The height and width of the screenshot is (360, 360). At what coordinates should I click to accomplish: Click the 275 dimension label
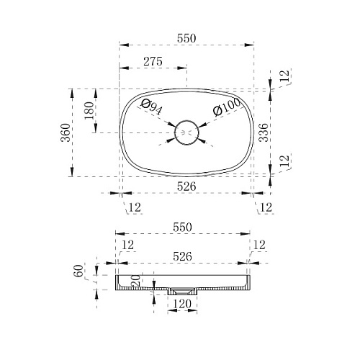click(153, 61)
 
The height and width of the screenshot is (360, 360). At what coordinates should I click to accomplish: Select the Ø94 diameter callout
click(152, 107)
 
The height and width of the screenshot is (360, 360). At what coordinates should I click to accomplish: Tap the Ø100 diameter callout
click(226, 107)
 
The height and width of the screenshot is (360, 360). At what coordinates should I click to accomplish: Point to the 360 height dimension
click(66, 132)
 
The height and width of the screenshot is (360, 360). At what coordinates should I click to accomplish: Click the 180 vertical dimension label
click(89, 110)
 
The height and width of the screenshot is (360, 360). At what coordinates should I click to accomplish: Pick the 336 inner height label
click(264, 132)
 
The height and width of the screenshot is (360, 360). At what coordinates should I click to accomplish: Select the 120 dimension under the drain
click(182, 304)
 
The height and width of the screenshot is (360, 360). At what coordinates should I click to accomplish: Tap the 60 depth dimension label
click(78, 271)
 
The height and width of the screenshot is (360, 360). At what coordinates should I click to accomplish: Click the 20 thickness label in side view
click(135, 281)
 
